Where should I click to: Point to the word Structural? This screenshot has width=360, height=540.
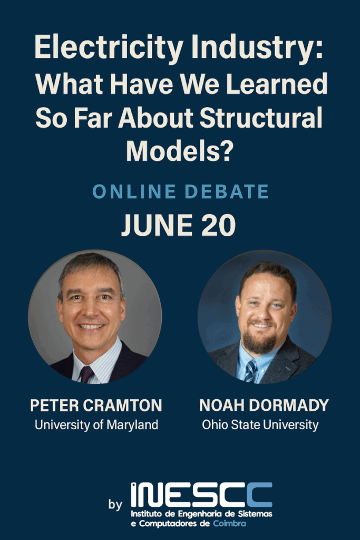[260, 118]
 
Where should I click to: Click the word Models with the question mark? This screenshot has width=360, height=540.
[180, 151]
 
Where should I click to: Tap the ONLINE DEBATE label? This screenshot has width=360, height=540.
[180, 191]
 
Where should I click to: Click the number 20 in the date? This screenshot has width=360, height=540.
[218, 225]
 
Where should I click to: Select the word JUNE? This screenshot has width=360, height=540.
[157, 225]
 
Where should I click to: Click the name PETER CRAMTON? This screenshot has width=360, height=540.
[96, 406]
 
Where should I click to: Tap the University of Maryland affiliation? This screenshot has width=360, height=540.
[96, 425]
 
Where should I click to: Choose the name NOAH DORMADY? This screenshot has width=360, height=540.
[264, 406]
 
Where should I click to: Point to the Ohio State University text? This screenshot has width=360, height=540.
[260, 425]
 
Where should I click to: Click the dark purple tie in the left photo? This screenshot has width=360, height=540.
[86, 374]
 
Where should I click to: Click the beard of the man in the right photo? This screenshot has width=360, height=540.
[260, 341]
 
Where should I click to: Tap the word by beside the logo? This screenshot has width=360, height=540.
[115, 505]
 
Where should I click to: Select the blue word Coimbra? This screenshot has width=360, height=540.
[229, 524]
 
